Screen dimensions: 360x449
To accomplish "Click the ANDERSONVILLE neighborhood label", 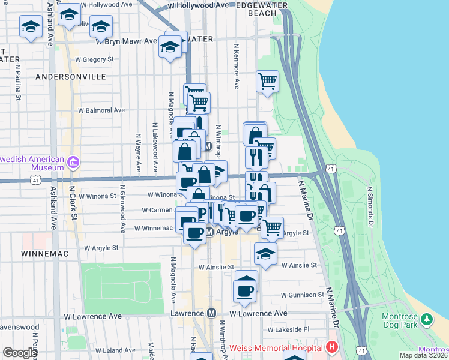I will pos(70,77).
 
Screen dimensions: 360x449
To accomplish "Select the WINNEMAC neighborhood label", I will pos(45,254).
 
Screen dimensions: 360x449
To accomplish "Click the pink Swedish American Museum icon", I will pos(74,162).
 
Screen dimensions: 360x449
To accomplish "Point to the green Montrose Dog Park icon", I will pos(426,319).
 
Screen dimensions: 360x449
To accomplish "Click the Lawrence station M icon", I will pos(211,313).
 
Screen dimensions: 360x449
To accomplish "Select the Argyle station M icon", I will pos(209,232).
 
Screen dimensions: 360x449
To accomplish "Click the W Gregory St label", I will pos(94,59).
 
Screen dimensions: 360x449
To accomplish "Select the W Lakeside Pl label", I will pos(288,329).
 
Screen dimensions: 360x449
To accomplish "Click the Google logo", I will pos(20,353).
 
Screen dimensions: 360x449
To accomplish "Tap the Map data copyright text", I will pos(423,355).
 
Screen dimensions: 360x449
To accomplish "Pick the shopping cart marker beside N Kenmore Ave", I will pos(267,81).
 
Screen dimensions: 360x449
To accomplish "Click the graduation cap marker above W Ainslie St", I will pos(265,253).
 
